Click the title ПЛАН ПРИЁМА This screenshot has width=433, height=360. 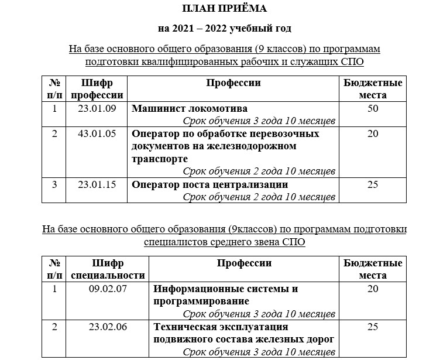tap(224, 8)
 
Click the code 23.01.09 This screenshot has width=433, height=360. tap(97, 109)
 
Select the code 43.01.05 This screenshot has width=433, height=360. tap(97, 134)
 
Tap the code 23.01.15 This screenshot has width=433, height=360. tap(97, 185)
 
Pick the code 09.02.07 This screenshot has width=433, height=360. tap(108, 289)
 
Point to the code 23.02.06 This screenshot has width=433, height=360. tap(108, 327)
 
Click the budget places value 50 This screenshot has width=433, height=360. tap(373, 109)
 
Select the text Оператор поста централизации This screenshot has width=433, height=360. tap(210, 185)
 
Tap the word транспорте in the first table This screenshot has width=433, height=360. tap(160, 159)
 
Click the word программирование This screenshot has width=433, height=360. tap(201, 301)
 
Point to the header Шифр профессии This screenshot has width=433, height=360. tap(97, 89)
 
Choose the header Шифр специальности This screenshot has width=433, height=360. tap(108, 269)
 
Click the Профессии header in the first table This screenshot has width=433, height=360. tap(233, 83)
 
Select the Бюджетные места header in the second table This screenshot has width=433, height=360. tap(373, 269)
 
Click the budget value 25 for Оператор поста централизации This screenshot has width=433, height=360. tap(373, 185)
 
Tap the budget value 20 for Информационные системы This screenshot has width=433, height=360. tap(373, 289)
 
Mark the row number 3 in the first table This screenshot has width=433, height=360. tap(54, 185)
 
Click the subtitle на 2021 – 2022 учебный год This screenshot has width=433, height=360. tap(224, 28)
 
